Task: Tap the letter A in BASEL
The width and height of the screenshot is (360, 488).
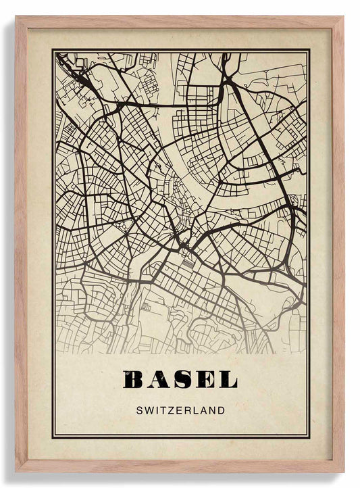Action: [x=159, y=380]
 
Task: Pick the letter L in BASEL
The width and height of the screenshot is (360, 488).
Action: [x=228, y=380]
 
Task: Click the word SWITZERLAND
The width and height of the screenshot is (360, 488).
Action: [x=180, y=410]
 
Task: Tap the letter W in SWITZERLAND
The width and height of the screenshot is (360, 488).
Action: [x=148, y=410]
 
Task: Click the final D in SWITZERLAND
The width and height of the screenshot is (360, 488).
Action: [x=221, y=410]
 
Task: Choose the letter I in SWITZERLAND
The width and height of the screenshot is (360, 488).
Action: [x=157, y=410]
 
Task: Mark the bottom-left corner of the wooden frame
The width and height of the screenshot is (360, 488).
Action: [x=16, y=471]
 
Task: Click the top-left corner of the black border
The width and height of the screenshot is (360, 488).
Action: [x=53, y=50]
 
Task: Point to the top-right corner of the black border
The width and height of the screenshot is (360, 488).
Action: [x=309, y=50]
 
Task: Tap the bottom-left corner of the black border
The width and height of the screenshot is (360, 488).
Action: [x=53, y=437]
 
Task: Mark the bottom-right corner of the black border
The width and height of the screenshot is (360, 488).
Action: [x=309, y=437]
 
